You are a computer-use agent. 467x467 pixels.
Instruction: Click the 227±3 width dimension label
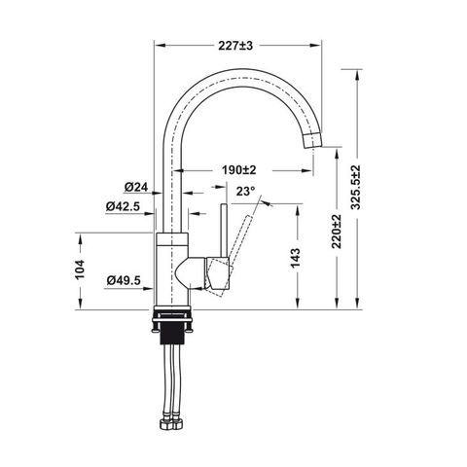235,46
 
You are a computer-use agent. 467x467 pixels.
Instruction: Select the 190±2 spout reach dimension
239,169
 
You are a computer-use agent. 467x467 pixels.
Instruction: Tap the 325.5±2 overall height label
356,187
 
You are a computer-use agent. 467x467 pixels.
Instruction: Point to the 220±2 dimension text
337,232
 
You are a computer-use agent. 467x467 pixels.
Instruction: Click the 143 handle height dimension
296,259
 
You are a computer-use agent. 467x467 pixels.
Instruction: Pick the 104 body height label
80,269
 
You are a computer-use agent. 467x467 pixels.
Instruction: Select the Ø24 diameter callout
136,187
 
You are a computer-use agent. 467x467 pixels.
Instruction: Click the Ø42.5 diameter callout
123,206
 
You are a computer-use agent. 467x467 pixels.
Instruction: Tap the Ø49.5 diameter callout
124,280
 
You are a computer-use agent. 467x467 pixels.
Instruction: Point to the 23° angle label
245,192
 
